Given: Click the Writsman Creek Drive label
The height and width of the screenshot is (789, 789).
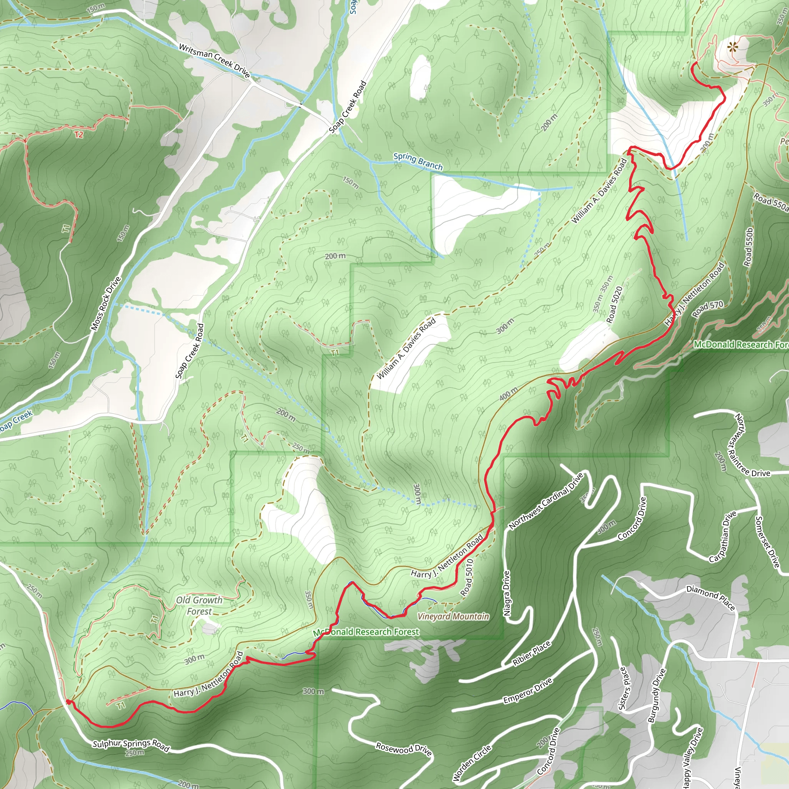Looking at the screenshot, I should pos(215,61).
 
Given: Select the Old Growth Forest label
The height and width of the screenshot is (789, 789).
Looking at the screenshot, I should pos(199,605).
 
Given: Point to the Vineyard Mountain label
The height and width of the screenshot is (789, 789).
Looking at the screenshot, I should pos(453,616).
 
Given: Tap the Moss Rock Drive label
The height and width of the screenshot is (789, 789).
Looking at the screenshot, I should pos(106,304).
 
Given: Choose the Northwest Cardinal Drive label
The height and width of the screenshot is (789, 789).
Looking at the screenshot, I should pos(546,501).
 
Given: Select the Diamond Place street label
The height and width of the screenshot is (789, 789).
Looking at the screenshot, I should pos(710,598).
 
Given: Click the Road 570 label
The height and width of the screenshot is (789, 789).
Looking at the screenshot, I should pos(707,309).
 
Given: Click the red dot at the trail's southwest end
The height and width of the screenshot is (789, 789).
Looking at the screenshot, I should pos(69,702).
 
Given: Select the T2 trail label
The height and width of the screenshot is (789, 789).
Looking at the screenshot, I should pos(79,134).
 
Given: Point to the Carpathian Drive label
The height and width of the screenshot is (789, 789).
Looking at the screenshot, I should pos(723,537).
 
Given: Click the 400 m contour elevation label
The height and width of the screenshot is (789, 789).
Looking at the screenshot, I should pos(509,394).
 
